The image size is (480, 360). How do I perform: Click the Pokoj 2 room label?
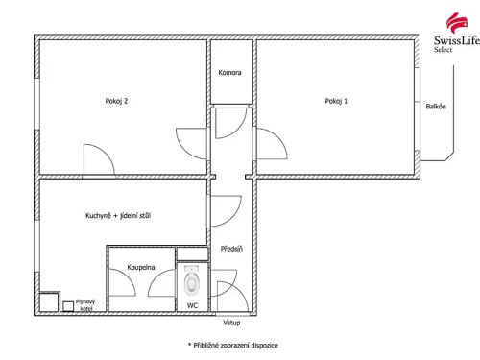[116, 100]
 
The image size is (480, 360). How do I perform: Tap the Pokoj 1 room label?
[336, 100]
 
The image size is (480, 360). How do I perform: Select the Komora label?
[229, 73]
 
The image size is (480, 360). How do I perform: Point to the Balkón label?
[436, 106]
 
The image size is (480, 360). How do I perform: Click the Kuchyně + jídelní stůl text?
[117, 216]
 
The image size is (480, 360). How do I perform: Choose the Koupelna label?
[141, 267]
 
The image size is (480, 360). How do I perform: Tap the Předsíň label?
[231, 248]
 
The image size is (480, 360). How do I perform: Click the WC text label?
[192, 304]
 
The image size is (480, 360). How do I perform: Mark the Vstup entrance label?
[231, 323]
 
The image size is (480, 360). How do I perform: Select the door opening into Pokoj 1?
[271, 144]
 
